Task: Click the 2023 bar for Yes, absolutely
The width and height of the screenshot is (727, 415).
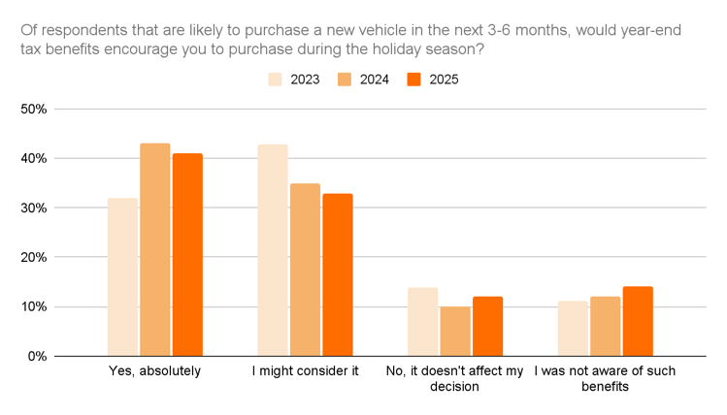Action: click(x=122, y=277)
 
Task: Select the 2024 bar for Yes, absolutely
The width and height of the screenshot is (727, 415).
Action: click(x=155, y=250)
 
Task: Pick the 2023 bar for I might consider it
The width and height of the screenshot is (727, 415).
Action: click(x=273, y=250)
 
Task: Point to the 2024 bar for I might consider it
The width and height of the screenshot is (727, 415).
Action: click(x=305, y=270)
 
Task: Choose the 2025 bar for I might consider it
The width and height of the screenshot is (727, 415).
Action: click(x=338, y=274)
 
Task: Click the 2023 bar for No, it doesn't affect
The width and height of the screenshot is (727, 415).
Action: click(x=422, y=322)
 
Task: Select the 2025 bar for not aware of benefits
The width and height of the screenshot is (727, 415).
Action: click(x=638, y=321)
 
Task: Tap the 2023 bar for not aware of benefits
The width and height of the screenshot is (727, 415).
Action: click(x=573, y=329)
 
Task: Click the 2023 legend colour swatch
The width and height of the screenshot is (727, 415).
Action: click(x=275, y=80)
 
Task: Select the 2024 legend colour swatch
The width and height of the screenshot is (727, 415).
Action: click(x=344, y=80)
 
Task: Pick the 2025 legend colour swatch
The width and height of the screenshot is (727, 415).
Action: click(x=413, y=80)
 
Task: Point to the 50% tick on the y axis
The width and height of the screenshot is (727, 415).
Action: click(x=34, y=110)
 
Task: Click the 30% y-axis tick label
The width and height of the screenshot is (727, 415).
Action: click(x=34, y=208)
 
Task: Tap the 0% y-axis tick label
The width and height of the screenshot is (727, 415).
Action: click(x=37, y=356)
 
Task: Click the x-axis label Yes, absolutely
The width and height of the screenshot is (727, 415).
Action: click(x=155, y=371)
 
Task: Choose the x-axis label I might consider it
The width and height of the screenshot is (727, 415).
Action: click(x=305, y=371)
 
